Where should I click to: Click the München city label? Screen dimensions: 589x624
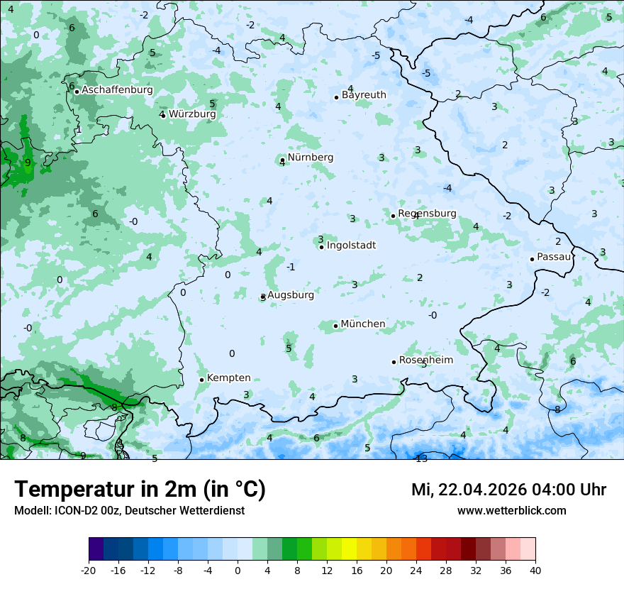[x=363, y=324]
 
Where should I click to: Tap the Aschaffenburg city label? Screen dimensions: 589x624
[x=117, y=90]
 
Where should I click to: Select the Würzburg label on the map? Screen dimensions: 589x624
[x=192, y=114]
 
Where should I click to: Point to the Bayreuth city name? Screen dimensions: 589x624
[x=364, y=95]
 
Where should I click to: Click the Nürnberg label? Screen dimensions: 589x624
[x=310, y=158]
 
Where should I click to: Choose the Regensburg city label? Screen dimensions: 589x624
[x=427, y=214]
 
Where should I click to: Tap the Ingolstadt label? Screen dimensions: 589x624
[x=351, y=246]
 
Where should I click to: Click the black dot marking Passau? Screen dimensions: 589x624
[x=532, y=259]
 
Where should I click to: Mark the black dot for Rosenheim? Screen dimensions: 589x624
[x=394, y=362]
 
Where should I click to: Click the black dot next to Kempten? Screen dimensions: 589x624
[x=201, y=380]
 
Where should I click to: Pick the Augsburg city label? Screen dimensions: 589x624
[x=291, y=295]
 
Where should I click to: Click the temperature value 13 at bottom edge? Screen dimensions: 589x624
[x=421, y=458]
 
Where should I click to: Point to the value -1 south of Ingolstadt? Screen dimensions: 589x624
[x=291, y=268]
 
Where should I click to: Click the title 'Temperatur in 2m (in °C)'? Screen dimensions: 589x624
[x=140, y=489]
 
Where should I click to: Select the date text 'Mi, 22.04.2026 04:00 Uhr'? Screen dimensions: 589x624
[x=508, y=490]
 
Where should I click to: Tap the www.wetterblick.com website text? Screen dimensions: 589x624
[x=511, y=511]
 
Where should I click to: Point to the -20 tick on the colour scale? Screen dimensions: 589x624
[x=89, y=570]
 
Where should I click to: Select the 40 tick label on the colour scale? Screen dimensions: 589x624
[x=535, y=570]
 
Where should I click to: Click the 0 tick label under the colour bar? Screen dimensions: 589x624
[x=238, y=570]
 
